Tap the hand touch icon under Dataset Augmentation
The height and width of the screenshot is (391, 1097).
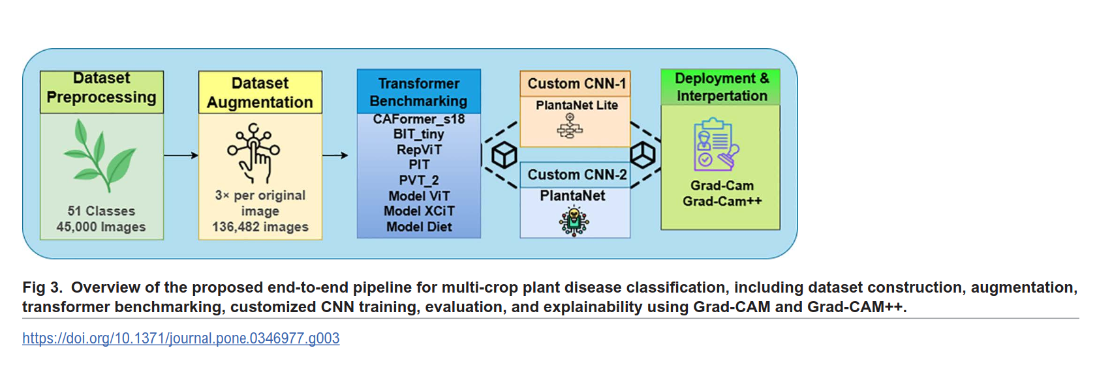(254, 154)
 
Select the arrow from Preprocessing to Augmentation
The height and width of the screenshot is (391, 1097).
(181, 155)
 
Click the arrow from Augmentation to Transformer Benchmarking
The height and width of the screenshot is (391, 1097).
(335, 155)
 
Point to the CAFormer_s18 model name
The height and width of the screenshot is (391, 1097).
(419, 119)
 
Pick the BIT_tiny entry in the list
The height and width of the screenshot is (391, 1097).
(419, 134)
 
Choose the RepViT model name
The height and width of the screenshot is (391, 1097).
(419, 150)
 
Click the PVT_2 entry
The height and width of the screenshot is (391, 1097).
(419, 181)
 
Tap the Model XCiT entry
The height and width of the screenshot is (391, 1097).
(419, 211)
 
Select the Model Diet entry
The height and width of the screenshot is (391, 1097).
(419, 227)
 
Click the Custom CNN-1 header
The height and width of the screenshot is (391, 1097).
(576, 83)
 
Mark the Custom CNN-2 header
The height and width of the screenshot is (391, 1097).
(577, 175)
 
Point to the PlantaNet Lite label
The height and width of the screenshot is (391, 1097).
(576, 105)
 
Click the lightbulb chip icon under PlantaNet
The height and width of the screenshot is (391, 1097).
(574, 222)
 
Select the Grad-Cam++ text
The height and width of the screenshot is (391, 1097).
(722, 201)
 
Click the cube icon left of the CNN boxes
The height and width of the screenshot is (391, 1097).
(504, 155)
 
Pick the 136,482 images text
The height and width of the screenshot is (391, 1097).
(260, 227)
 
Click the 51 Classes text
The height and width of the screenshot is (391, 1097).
(101, 211)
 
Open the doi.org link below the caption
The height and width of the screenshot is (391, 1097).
(181, 338)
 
